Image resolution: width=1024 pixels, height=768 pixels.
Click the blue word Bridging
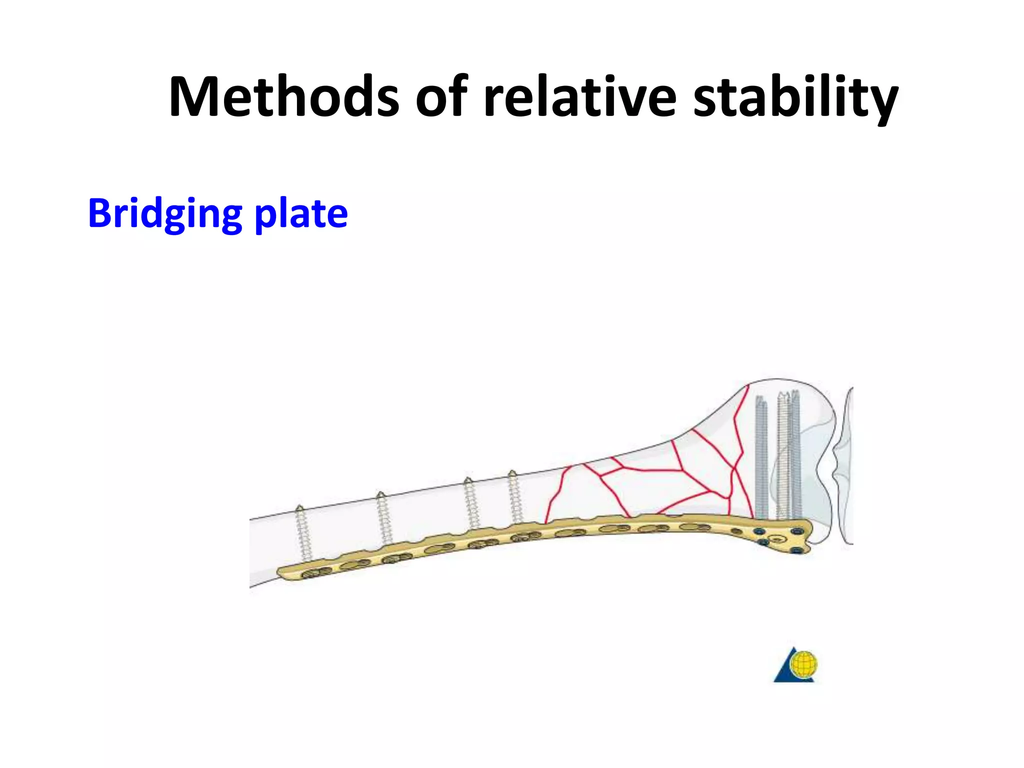click(x=164, y=214)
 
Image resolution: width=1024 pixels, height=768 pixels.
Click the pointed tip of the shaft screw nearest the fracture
click(x=512, y=472)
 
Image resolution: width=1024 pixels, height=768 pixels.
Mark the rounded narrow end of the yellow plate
click(x=283, y=573)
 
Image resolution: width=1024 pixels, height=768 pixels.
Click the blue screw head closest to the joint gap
click(x=797, y=530)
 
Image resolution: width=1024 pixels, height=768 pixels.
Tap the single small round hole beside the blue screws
click(x=736, y=531)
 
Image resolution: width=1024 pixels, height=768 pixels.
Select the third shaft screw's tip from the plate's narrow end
click(x=468, y=480)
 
